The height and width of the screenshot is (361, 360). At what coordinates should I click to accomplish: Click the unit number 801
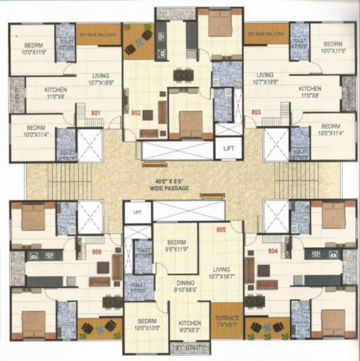95,113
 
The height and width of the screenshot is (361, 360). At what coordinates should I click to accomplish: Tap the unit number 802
135,113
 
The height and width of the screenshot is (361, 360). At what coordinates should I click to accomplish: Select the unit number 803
256,113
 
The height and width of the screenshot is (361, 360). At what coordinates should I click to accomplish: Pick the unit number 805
220,229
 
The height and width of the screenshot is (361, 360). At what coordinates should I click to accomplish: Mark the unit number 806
97,252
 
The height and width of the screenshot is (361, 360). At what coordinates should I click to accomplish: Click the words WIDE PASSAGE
169,188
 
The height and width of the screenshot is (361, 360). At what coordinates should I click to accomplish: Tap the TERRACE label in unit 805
226,318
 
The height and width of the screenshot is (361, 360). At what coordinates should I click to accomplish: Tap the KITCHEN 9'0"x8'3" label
189,325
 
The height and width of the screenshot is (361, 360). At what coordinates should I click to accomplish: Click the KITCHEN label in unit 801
55,90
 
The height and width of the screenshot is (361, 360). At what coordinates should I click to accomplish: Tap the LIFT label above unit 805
137,212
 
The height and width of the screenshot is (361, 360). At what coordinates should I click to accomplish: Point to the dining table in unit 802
183,75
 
